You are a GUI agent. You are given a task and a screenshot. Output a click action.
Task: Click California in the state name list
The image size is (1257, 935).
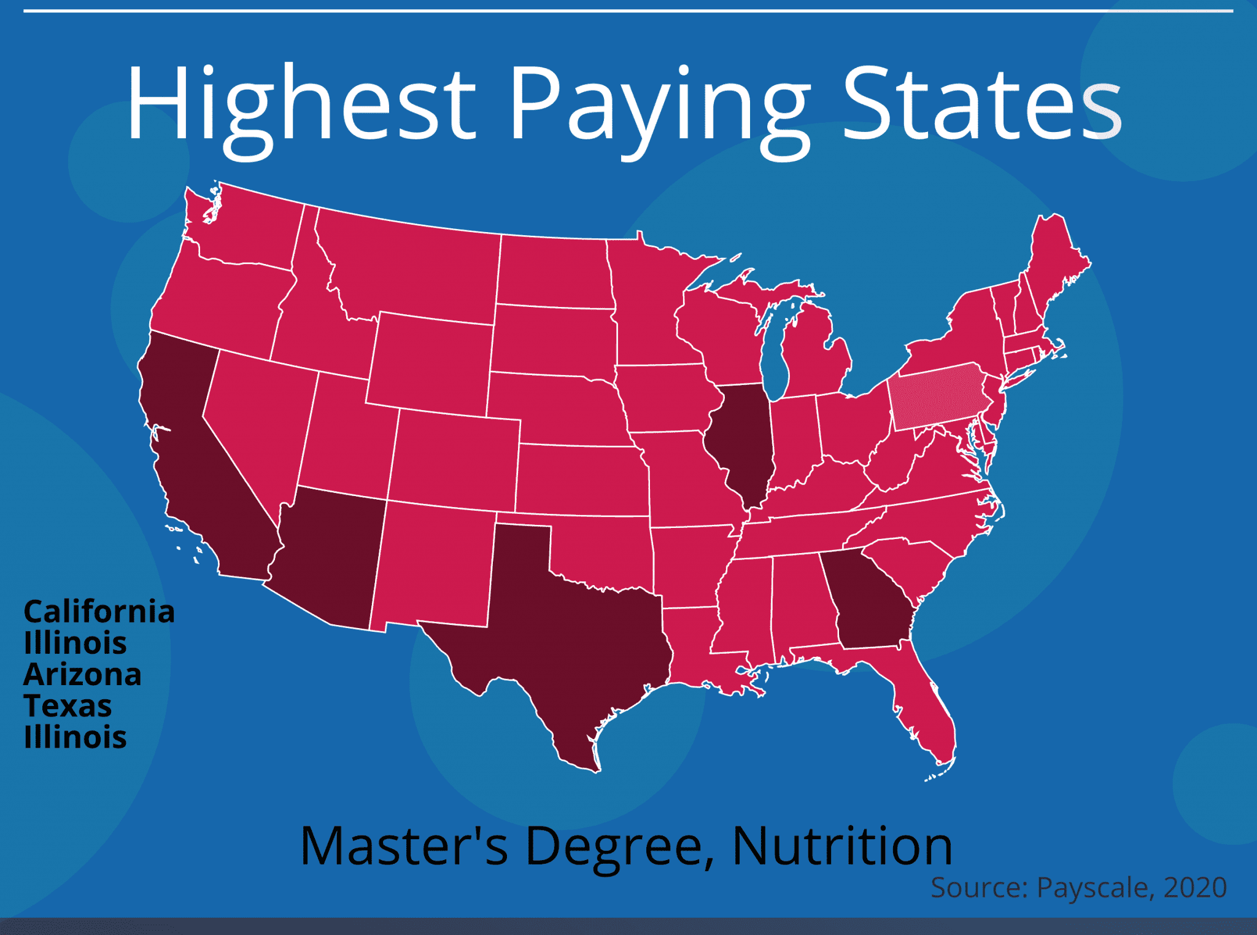pos(99,612)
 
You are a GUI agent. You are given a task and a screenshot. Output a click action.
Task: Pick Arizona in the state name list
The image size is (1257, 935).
pos(82,675)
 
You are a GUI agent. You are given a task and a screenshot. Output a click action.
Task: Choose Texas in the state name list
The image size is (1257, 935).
pos(68,706)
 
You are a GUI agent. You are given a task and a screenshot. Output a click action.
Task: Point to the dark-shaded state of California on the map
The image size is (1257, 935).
pos(190,467)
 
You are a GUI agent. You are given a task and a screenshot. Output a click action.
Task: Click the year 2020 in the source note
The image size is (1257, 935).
pos(1194,888)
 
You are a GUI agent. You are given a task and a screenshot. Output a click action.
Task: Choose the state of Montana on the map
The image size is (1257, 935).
pos(411,264)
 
